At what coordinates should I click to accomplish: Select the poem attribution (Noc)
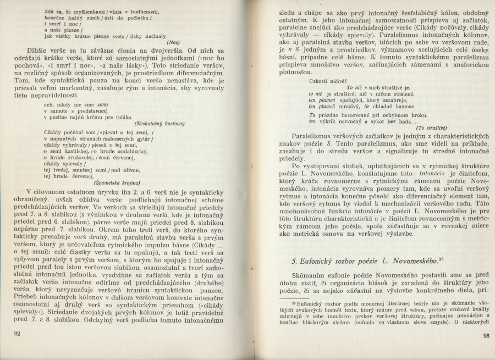coord(174,42)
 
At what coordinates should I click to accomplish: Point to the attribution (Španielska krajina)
coord(117,182)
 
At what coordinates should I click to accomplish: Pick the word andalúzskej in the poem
coord(131,150)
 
